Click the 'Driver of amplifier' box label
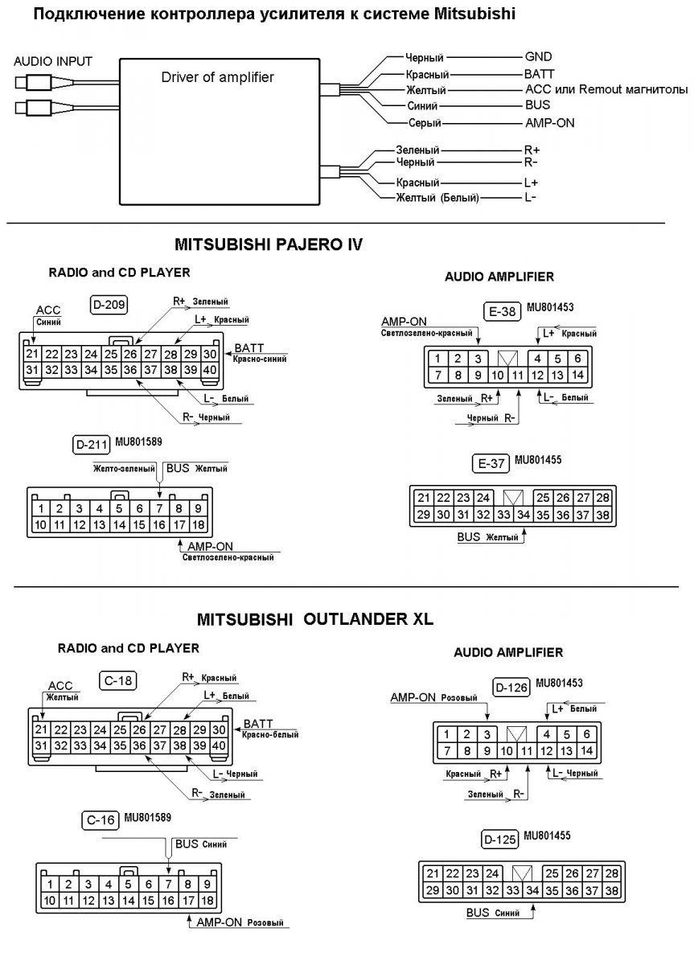(x=217, y=78)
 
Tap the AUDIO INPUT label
(x=53, y=61)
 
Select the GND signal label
(x=538, y=58)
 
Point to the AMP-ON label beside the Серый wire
(x=549, y=123)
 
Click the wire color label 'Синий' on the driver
(x=421, y=106)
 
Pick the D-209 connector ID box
(x=109, y=305)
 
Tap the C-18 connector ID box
(x=119, y=680)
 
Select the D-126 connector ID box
(x=512, y=687)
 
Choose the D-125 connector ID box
(x=499, y=840)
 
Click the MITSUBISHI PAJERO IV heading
(x=268, y=244)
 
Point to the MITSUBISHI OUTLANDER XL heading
(x=314, y=619)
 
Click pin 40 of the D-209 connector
(x=210, y=370)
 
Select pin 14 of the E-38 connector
(x=577, y=375)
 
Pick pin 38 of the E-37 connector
(x=602, y=515)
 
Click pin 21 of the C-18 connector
(x=41, y=729)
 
